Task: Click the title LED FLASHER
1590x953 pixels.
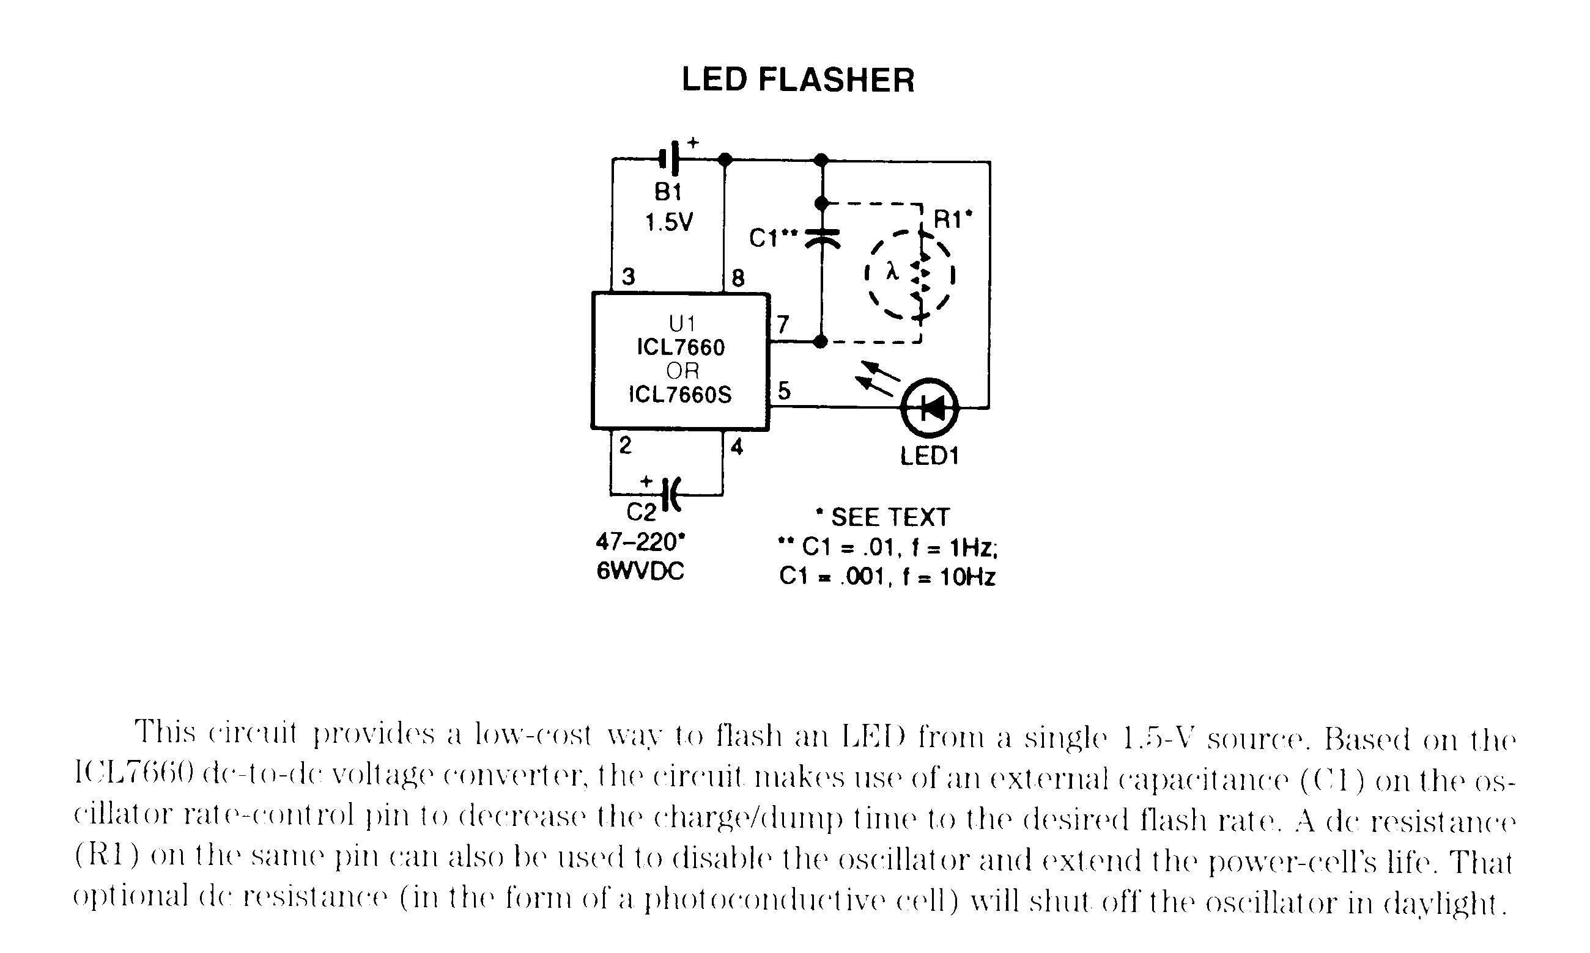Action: click(797, 80)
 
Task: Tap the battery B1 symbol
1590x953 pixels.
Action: click(670, 158)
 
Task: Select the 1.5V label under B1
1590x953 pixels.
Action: click(669, 222)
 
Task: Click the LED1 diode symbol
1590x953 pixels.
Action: click(930, 407)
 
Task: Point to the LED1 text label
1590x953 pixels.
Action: click(929, 456)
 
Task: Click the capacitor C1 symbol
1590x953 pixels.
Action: click(822, 238)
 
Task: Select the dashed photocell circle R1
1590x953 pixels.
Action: click(909, 275)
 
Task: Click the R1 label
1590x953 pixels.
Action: click(952, 220)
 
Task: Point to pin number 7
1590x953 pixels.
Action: click(782, 324)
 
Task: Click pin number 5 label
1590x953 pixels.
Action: click(783, 390)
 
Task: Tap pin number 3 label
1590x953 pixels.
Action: click(628, 277)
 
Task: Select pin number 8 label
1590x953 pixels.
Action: click(738, 278)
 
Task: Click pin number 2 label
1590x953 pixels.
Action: click(625, 445)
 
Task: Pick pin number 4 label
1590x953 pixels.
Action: click(736, 447)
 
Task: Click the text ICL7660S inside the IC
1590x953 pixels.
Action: click(680, 394)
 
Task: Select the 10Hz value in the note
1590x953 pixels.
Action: click(967, 577)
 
